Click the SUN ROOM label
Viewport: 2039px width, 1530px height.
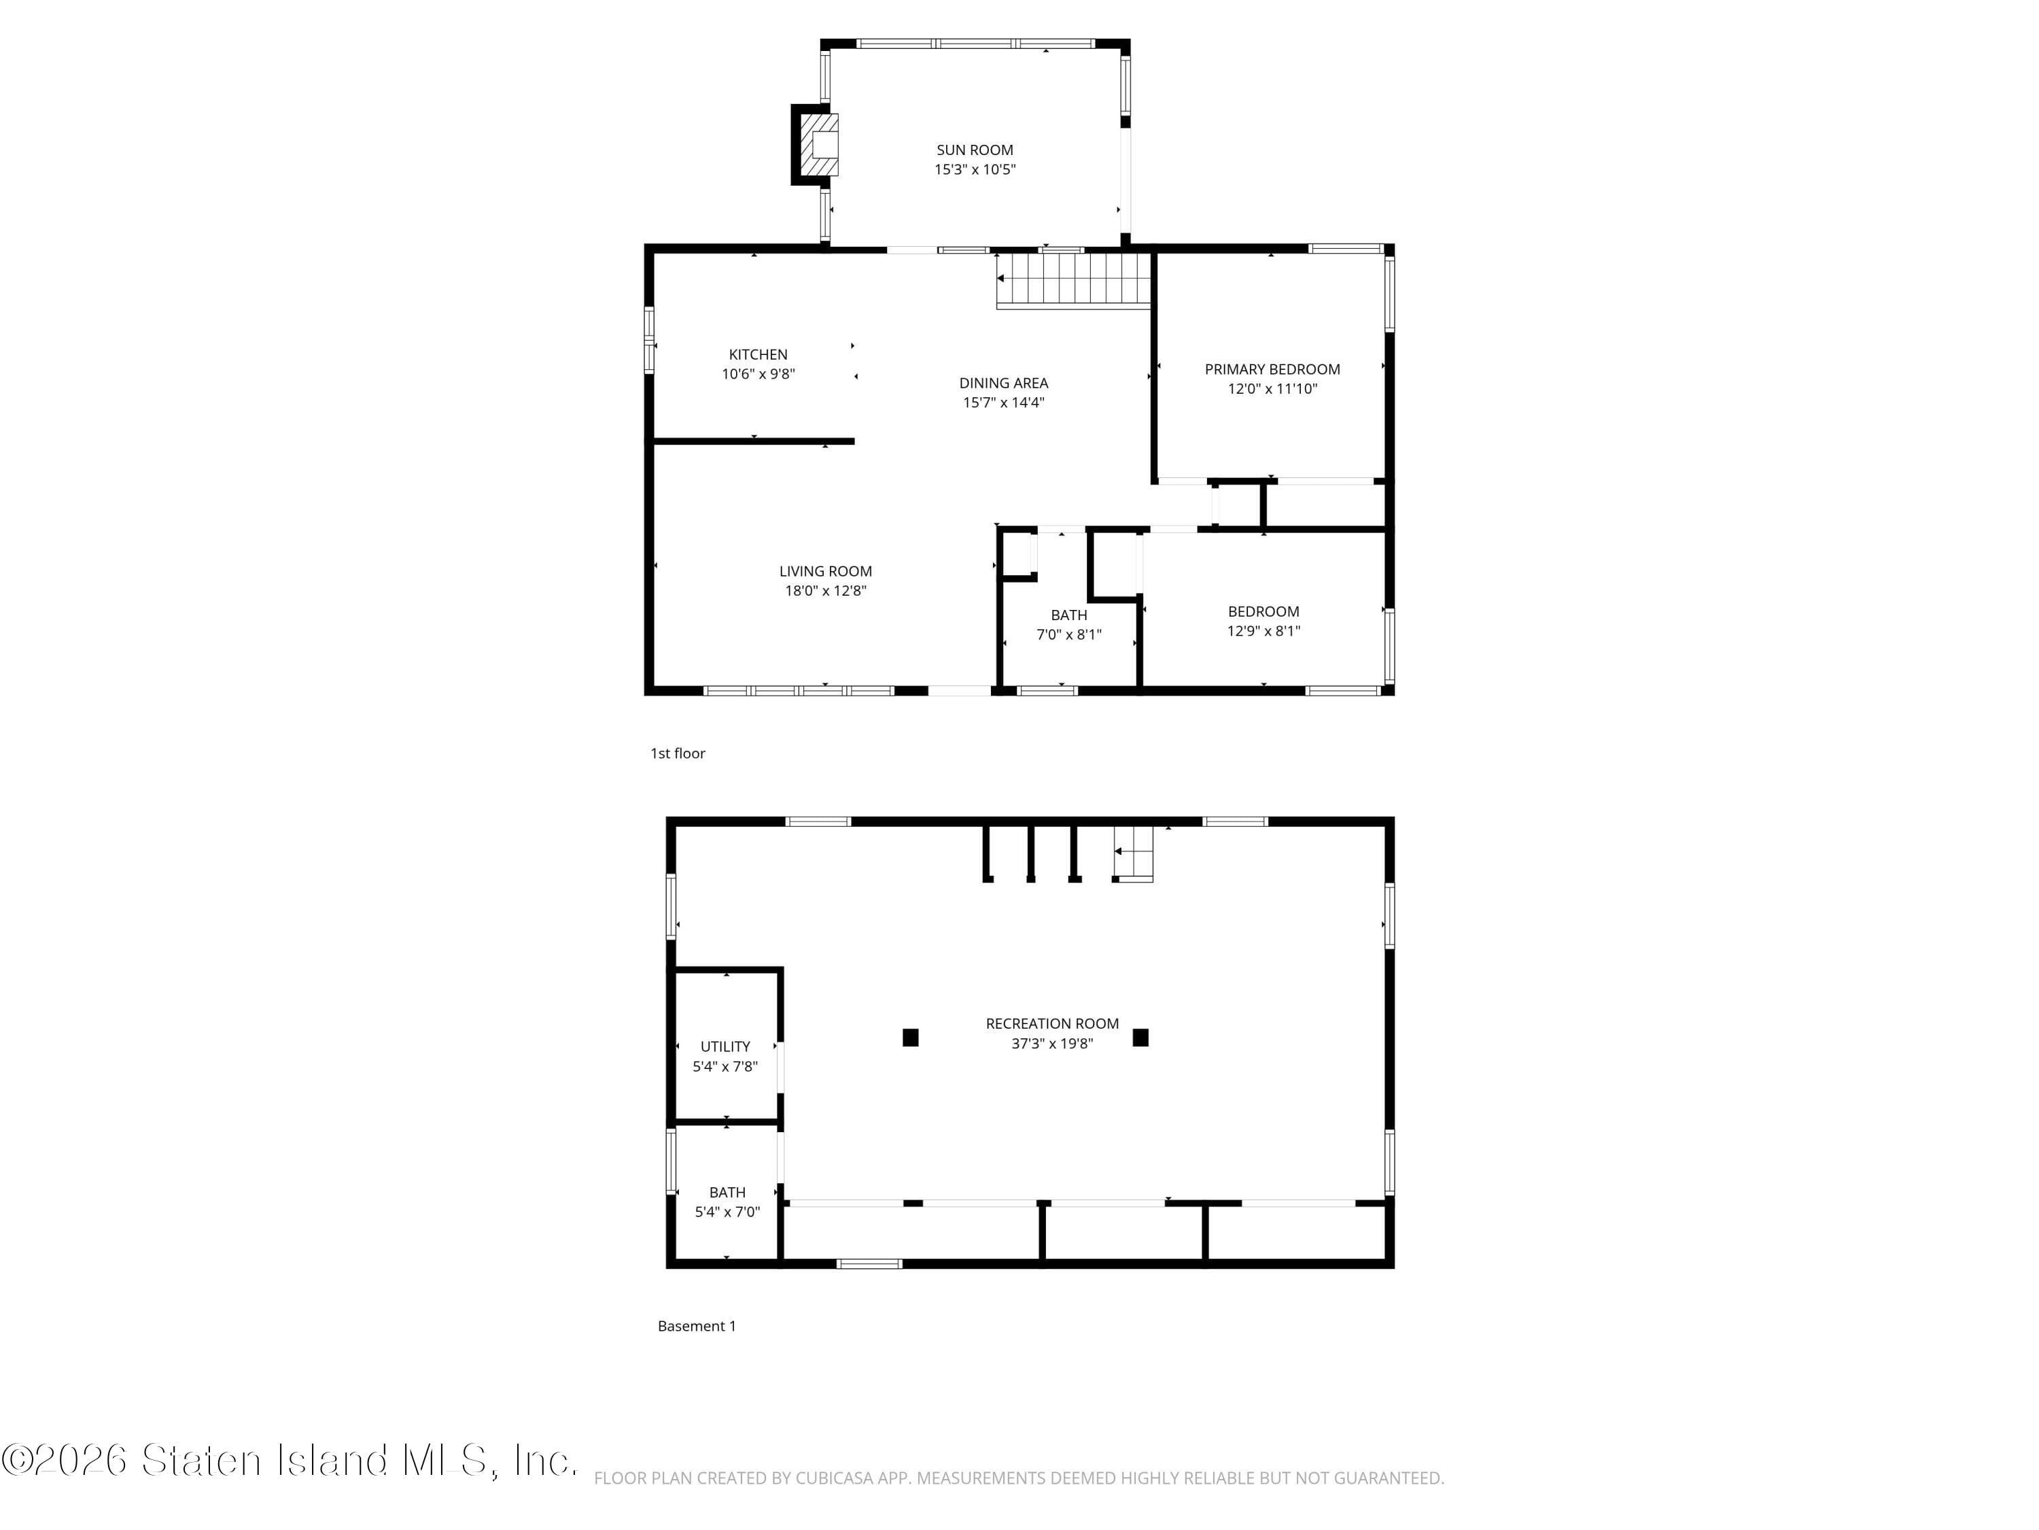pos(975,150)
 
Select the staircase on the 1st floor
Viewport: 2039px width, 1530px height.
pos(1074,279)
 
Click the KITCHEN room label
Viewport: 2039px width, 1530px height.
pos(758,354)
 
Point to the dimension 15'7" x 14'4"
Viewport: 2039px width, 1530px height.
pos(1003,402)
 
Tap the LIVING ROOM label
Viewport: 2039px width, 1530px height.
pos(825,571)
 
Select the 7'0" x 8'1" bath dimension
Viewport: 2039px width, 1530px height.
pos(1068,634)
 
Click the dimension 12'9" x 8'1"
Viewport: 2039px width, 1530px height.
pos(1263,631)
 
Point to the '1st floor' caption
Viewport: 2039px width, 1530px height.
pos(678,753)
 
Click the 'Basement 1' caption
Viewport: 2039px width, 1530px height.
pos(696,1326)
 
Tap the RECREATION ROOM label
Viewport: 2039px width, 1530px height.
pos(1051,1023)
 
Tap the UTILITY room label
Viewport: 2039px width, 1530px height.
pos(725,1046)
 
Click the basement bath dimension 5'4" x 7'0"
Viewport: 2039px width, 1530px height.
pos(727,1212)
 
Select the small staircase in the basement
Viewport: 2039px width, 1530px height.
pos(1134,853)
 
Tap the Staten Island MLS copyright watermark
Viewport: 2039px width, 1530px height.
pos(290,1460)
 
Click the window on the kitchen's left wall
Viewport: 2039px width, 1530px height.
pos(649,340)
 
